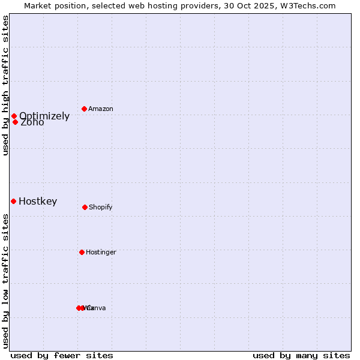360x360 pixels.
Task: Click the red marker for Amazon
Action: [85, 109]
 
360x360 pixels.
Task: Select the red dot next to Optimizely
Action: [14, 116]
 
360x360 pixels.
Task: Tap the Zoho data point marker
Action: [16, 122]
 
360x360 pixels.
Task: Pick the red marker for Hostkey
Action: [13, 201]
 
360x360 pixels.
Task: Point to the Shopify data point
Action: [85, 207]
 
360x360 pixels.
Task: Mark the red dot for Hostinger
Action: [82, 252]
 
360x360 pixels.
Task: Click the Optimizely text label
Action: [44, 116]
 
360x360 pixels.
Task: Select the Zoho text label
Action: [32, 122]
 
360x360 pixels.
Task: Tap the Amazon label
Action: [101, 109]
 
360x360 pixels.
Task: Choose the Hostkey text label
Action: [38, 201]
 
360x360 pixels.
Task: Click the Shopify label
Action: [101, 207]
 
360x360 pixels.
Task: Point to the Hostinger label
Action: [101, 252]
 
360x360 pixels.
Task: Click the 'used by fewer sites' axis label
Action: [62, 355]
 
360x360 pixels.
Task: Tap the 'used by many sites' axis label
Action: [301, 355]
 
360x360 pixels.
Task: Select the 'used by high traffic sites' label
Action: [5, 85]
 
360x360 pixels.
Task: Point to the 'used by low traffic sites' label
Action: [5, 281]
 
